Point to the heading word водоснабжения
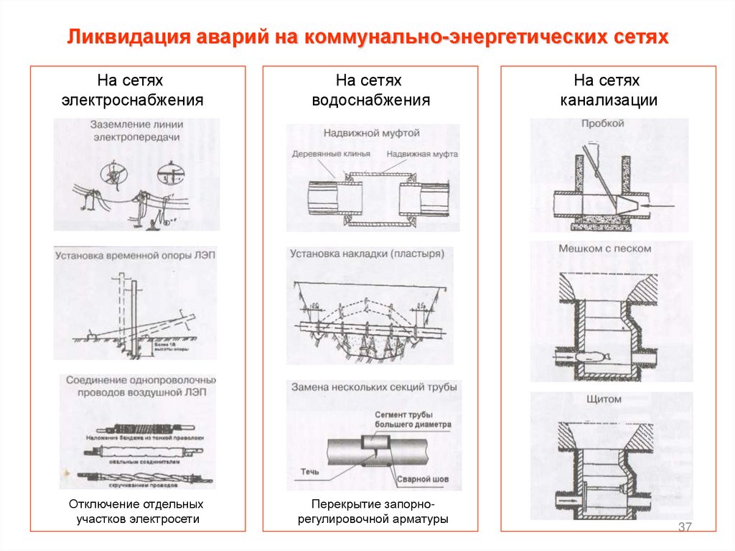(370, 100)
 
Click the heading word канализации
(609, 100)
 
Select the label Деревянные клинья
(332, 154)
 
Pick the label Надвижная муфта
(422, 154)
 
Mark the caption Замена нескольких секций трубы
(373, 387)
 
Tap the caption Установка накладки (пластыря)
(367, 254)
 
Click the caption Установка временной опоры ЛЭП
(134, 255)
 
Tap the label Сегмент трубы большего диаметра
(413, 419)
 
